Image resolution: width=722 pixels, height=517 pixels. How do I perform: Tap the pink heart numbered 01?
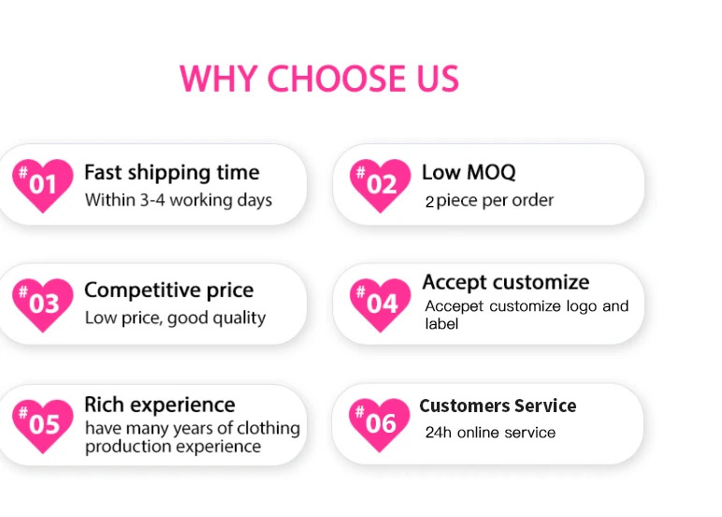tap(42, 185)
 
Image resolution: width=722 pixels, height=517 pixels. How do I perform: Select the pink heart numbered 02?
tap(380, 185)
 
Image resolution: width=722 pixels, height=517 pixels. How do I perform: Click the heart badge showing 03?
tap(42, 304)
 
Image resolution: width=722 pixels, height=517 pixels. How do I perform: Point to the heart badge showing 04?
tap(380, 304)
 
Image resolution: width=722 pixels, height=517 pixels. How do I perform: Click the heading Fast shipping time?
tap(172, 173)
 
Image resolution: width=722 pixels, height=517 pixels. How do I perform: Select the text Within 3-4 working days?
tap(179, 200)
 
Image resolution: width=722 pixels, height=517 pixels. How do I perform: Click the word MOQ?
tap(491, 172)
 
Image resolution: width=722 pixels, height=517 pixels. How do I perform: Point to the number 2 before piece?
tap(429, 201)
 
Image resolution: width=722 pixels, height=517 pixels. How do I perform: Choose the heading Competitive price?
tap(168, 291)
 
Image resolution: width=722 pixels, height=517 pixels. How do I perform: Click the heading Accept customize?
tap(506, 282)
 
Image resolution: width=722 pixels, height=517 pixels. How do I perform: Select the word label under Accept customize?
tap(441, 324)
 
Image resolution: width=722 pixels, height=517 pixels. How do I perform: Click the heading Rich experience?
tap(159, 406)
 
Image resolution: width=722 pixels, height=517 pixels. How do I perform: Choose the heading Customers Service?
tap(498, 406)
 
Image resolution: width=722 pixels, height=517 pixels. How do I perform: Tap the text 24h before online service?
tap(439, 433)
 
